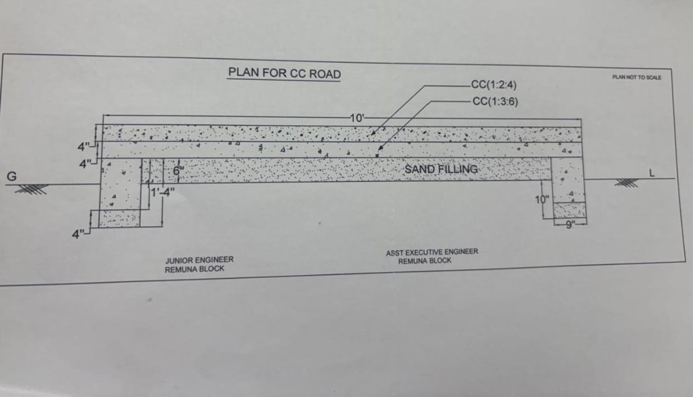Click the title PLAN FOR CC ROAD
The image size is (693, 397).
tap(284, 74)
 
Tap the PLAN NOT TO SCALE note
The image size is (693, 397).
tap(636, 77)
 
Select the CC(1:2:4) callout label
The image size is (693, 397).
tap(493, 86)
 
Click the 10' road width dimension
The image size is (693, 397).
tap(358, 118)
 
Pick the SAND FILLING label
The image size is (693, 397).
tap(441, 169)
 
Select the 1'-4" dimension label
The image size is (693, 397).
tap(162, 192)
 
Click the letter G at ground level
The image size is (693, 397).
tap(11, 176)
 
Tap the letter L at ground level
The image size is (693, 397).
tap(652, 174)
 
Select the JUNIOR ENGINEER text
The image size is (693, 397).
tap(199, 260)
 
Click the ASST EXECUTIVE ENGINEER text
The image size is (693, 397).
tap(432, 252)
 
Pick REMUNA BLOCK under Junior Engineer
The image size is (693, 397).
tap(195, 269)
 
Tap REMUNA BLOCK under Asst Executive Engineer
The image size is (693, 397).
tap(425, 261)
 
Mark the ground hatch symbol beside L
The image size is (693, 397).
tap(626, 183)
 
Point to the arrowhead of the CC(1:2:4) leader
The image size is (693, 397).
tap(371, 135)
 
